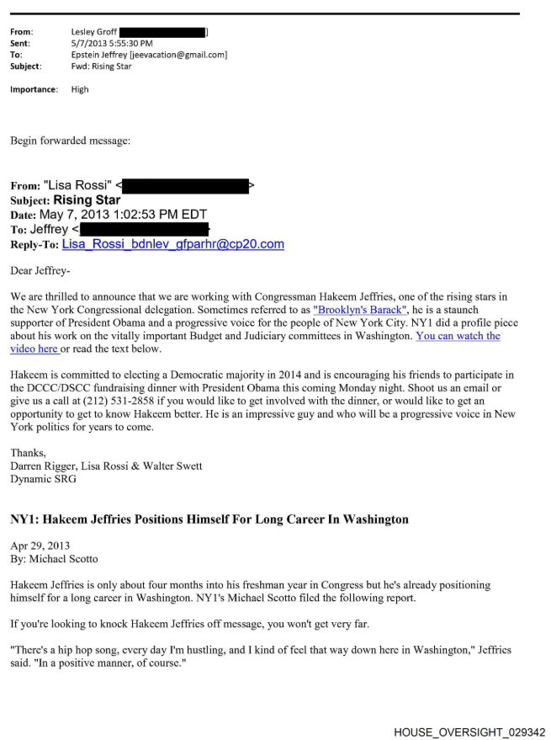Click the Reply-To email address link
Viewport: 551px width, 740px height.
(172, 245)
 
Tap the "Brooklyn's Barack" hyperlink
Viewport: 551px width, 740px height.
(358, 310)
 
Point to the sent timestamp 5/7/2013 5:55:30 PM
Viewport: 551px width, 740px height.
(112, 44)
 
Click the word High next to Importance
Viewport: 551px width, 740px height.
(80, 89)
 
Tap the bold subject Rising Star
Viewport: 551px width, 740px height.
(87, 200)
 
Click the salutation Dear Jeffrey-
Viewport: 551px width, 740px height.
(41, 271)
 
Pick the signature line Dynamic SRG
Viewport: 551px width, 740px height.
(44, 479)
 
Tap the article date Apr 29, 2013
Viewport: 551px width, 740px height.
(41, 546)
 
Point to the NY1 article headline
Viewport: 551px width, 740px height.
(209, 519)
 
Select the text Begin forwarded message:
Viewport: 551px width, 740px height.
(71, 141)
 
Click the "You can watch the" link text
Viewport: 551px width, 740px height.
(458, 336)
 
